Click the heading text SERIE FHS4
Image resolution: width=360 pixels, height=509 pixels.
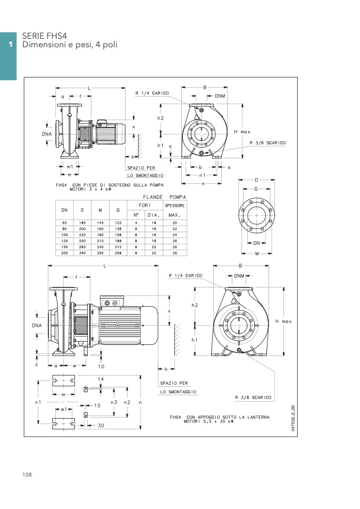click(x=45, y=36)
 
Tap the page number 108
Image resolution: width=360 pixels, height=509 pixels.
click(x=27, y=474)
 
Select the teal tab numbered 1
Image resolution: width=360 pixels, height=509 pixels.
click(x=8, y=56)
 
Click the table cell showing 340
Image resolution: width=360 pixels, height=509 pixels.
click(x=82, y=253)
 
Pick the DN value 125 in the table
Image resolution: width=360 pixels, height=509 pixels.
click(x=64, y=241)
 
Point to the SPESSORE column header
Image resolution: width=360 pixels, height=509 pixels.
click(x=174, y=206)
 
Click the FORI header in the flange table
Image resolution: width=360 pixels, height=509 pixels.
click(x=145, y=205)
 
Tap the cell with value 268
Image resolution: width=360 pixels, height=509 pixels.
click(x=118, y=253)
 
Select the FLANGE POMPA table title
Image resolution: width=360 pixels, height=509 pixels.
click(x=164, y=197)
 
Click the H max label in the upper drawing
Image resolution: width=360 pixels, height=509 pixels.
click(x=242, y=132)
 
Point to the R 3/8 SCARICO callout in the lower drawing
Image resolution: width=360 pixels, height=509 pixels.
click(x=253, y=397)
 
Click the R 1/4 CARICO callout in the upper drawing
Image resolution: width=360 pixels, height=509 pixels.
click(x=152, y=93)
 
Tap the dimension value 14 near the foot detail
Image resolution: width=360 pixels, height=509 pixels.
click(x=101, y=379)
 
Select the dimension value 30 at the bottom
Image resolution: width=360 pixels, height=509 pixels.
click(x=101, y=425)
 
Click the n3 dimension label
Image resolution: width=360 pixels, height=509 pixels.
click(x=114, y=402)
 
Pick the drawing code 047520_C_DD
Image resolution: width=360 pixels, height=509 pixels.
click(x=293, y=418)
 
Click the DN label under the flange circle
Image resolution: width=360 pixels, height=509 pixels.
click(x=256, y=243)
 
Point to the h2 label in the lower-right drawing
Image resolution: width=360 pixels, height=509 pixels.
click(x=195, y=305)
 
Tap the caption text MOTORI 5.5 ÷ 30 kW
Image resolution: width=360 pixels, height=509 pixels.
click(x=208, y=421)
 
